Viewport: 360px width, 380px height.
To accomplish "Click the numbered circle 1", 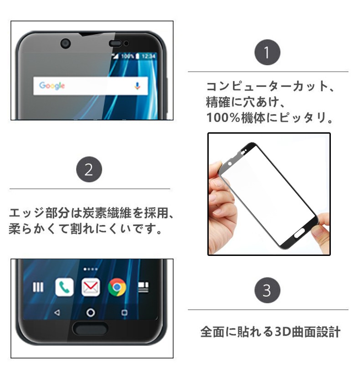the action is pyautogui.click(x=267, y=52).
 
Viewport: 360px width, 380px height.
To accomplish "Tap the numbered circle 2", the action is pyautogui.click(x=89, y=169).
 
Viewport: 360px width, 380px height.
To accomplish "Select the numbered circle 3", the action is pyautogui.click(x=267, y=290).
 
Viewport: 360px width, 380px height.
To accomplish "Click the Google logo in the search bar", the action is pyautogui.click(x=52, y=86).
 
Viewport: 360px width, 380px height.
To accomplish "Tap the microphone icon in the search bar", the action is pyautogui.click(x=137, y=86).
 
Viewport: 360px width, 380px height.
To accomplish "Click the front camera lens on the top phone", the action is pyautogui.click(x=66, y=44).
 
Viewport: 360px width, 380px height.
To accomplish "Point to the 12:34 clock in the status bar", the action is pyautogui.click(x=148, y=56).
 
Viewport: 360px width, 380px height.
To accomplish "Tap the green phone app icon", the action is pyautogui.click(x=64, y=287).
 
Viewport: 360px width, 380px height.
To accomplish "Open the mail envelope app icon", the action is pyautogui.click(x=91, y=287).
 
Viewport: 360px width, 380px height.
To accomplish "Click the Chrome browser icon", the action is pyautogui.click(x=117, y=287).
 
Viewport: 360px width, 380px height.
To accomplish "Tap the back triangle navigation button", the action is pyautogui.click(x=57, y=312).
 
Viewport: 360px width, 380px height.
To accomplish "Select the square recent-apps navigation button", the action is pyautogui.click(x=124, y=312).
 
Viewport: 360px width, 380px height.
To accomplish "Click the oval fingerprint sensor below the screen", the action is pyautogui.click(x=90, y=329).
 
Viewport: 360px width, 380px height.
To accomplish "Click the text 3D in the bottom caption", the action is pyautogui.click(x=283, y=332).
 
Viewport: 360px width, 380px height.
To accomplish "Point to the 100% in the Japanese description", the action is pyautogui.click(x=223, y=118).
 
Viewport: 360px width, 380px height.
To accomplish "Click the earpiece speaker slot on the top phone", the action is pyautogui.click(x=115, y=43).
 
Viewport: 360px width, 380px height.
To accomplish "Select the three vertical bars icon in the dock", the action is pyautogui.click(x=38, y=287).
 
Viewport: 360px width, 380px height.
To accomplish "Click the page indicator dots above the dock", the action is pyautogui.click(x=91, y=269).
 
